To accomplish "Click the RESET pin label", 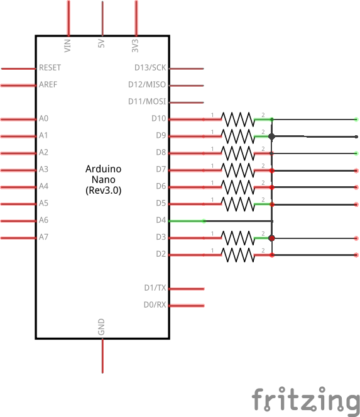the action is (50, 67).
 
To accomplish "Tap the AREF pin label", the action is (48, 84).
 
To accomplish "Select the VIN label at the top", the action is (67, 45).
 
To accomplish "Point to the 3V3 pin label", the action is (135, 45).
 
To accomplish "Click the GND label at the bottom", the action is (101, 327).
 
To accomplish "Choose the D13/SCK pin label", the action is (150, 67).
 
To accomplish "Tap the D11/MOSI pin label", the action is (147, 101).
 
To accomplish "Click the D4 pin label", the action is (161, 220).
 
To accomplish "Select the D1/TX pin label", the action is (155, 288).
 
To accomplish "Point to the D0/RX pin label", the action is (155, 304).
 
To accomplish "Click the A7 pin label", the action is (43, 237).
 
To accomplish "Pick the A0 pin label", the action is (43, 118).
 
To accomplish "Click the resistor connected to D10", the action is (237, 120).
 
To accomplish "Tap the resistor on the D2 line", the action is (237, 255).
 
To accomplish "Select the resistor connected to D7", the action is (237, 170).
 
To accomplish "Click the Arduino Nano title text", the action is (103, 180).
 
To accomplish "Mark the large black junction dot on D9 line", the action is (271, 136).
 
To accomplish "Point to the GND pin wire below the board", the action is (102, 356).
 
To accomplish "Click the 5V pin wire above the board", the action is (102, 18).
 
